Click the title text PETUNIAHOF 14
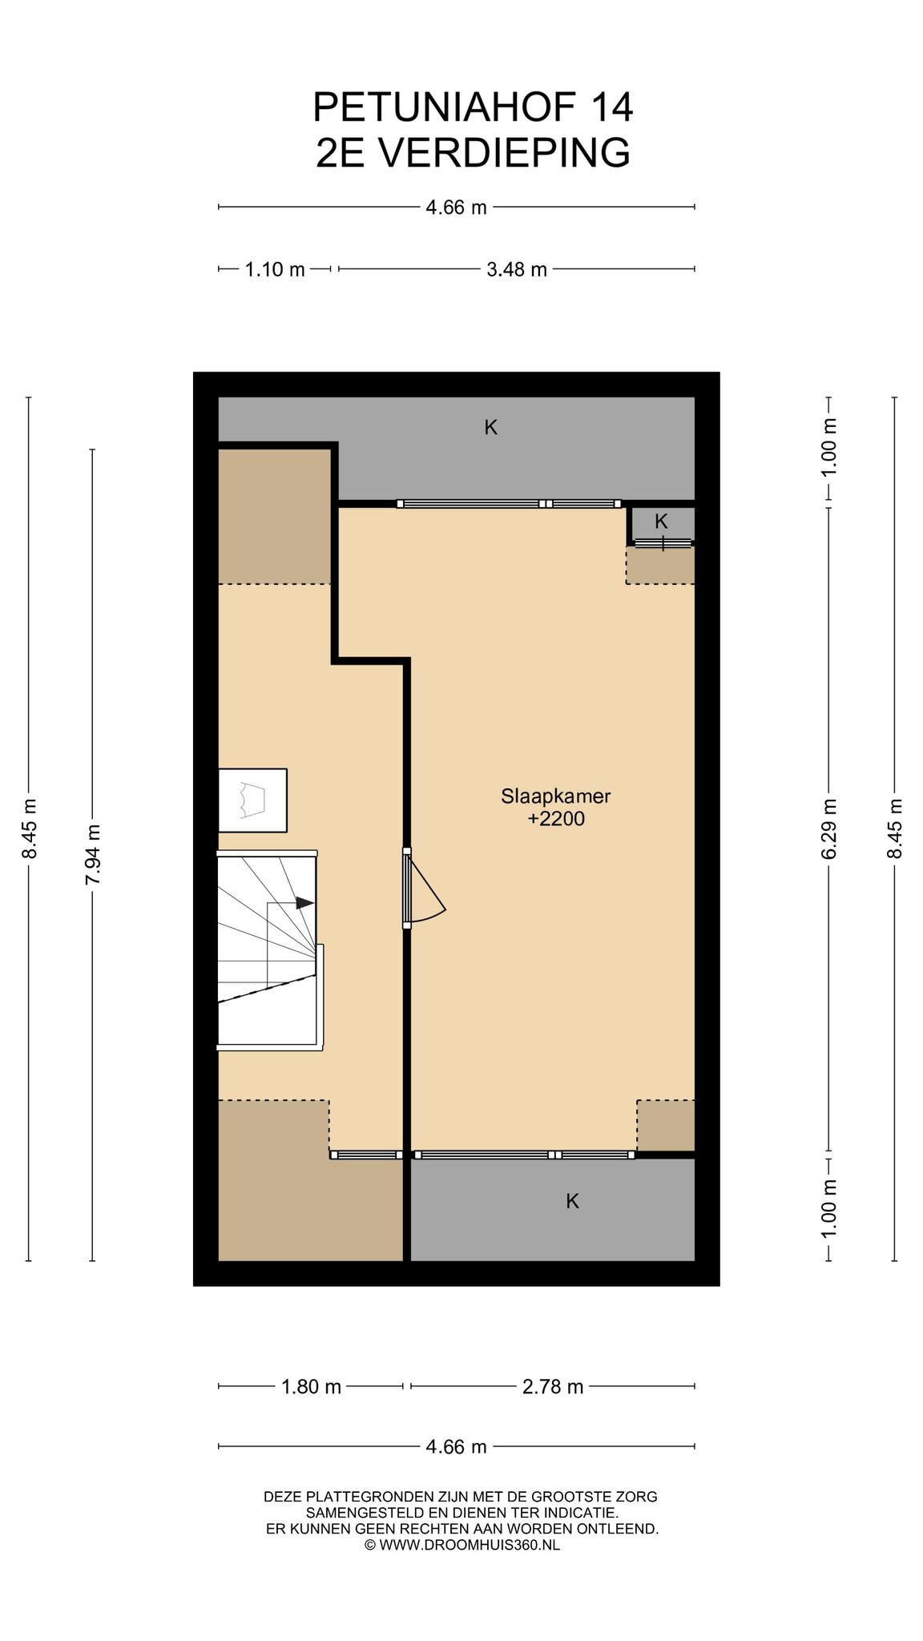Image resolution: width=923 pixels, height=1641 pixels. pos(473,107)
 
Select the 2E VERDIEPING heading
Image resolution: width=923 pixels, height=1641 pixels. pos(473,152)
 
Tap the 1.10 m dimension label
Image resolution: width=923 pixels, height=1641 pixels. pos(275,269)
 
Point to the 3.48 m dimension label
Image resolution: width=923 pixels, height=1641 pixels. pos(517,269)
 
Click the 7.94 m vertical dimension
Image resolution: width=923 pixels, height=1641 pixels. pos(93,855)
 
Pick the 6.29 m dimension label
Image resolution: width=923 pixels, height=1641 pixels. pos(829,829)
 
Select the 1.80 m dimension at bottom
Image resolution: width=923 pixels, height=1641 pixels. pos(311,1386)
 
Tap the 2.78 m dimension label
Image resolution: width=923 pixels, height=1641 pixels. pos(553,1386)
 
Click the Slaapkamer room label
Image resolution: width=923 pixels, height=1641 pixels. pos(556,796)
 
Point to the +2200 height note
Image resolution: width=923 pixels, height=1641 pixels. pos(556,819)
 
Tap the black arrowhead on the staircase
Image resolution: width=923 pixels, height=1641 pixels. pos(304,903)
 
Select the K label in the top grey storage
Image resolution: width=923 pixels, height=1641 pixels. pos(491,428)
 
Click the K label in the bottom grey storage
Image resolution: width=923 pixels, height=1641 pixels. pos(572,1201)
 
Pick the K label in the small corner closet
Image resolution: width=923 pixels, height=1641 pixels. pos(661,521)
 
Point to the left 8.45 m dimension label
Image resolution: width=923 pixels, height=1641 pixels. pos(29,829)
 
